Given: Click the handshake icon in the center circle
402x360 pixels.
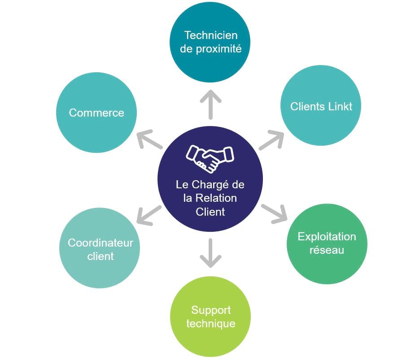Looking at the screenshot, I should (x=210, y=158).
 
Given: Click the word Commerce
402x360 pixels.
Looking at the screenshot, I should (x=96, y=113).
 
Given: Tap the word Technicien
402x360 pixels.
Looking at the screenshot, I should (x=211, y=35).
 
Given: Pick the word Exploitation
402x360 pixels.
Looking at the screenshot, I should (x=327, y=237).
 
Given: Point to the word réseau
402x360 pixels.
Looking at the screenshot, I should (x=327, y=250).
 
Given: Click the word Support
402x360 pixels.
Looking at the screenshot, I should (x=211, y=310).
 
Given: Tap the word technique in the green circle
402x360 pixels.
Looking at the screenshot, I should (x=211, y=323).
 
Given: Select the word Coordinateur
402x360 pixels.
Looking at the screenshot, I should (x=100, y=243).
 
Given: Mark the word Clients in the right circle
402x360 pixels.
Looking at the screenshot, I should (x=306, y=107).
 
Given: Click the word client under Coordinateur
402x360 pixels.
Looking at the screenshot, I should (x=100, y=256).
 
